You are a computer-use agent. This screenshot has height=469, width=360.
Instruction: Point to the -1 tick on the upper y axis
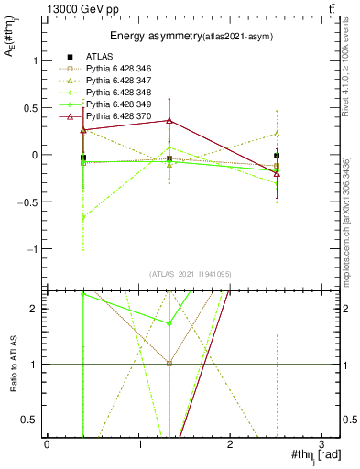coord(34,249)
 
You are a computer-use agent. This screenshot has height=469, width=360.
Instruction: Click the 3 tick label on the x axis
coord(322,443)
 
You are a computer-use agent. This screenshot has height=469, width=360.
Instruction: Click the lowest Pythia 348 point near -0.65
coord(83,217)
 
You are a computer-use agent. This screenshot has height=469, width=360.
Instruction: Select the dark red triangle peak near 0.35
coord(169,121)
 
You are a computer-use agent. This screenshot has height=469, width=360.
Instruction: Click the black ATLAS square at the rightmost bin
coord(277,156)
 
